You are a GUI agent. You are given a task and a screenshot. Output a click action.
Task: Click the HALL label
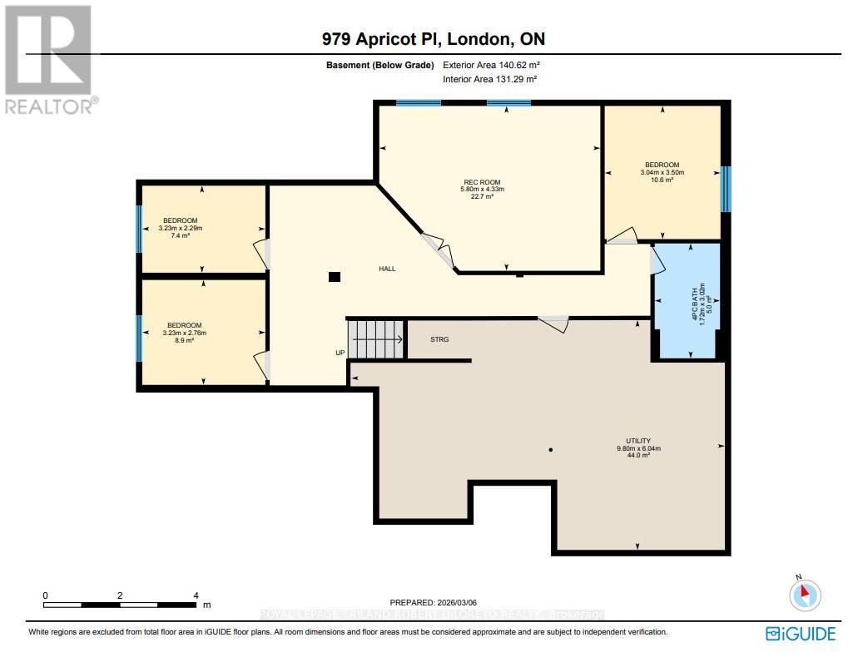(x=387, y=269)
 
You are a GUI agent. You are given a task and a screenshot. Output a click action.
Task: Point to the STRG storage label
(x=439, y=339)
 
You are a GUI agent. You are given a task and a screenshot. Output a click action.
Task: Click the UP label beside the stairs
(x=340, y=353)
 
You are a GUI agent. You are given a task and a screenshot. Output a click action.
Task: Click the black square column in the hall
(x=334, y=277)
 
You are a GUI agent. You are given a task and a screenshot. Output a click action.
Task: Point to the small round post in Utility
(x=550, y=450)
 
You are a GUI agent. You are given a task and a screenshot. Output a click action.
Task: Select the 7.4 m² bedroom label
(x=181, y=228)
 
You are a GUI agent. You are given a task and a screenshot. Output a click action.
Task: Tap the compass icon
(x=805, y=595)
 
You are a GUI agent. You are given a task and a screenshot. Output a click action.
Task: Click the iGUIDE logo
(x=800, y=634)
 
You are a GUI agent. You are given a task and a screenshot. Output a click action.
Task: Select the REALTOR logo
(x=49, y=58)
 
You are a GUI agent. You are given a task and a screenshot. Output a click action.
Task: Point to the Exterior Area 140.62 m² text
(x=498, y=65)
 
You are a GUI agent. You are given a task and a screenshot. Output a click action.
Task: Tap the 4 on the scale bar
(x=196, y=595)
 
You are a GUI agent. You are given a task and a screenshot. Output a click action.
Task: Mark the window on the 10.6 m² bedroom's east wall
(x=725, y=189)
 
